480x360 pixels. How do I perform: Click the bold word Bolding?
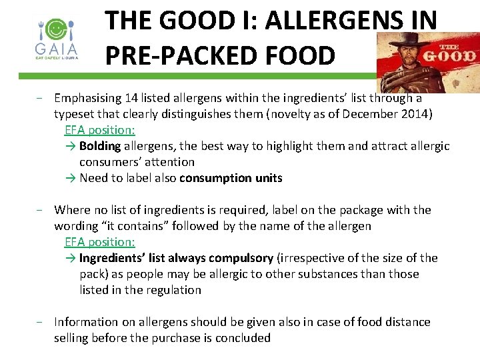pyautogui.click(x=99, y=146)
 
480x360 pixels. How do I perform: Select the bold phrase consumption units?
pyautogui.click(x=231, y=178)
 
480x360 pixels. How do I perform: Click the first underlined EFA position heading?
pyautogui.click(x=99, y=130)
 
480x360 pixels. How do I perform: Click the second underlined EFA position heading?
pyautogui.click(x=99, y=242)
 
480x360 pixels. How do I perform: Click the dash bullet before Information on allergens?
pyautogui.click(x=41, y=323)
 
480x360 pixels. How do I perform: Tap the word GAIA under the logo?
pyautogui.click(x=57, y=49)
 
